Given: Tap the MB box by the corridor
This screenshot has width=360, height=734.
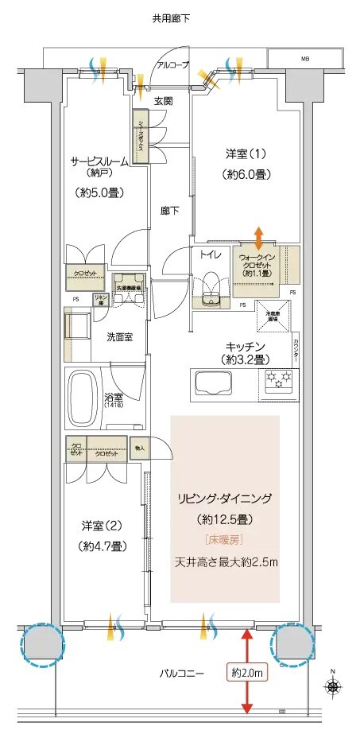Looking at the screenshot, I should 305,58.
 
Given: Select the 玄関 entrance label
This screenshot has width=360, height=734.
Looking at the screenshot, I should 164,101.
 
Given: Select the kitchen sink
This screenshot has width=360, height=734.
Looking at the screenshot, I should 210,387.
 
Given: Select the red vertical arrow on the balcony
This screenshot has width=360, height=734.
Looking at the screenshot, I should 247,669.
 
